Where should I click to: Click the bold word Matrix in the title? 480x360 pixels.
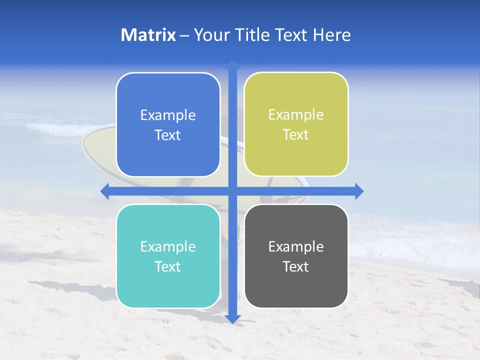coord(148,35)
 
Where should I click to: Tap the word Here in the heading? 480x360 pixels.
coord(331,35)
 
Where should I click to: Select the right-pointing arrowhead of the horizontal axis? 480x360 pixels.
coord(359,191)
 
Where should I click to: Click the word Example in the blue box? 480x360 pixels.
coord(168,115)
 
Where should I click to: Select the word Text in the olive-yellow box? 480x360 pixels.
coord(296,135)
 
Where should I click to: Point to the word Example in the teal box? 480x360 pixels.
coord(168,247)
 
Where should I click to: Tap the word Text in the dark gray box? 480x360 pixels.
coord(296,267)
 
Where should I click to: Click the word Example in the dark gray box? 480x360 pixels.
coord(296,247)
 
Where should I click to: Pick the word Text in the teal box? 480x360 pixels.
coord(168,267)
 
